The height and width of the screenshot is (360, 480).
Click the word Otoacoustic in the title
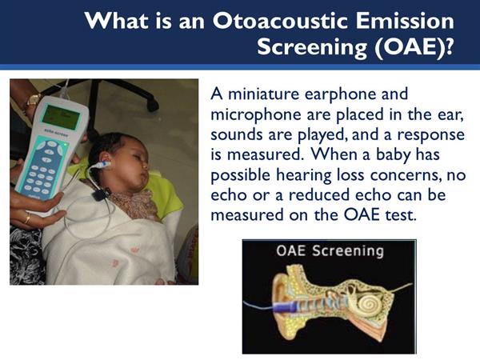coord(281,21)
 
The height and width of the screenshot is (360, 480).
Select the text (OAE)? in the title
coord(414,47)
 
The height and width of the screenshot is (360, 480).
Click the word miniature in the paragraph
coord(263,94)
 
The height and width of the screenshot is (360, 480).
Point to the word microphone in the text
coord(256,114)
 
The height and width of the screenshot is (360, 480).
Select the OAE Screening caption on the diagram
coord(330,251)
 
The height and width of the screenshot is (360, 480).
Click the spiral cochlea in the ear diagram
coord(369,305)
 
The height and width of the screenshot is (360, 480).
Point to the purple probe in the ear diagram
coord(284,306)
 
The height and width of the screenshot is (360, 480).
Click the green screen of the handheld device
coord(61,117)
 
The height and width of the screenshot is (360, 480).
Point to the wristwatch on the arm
coord(33,99)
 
